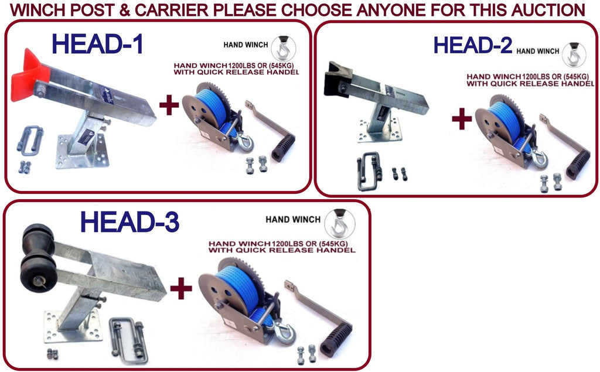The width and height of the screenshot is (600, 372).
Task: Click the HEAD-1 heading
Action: (x=98, y=43)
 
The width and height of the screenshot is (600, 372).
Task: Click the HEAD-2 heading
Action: (x=473, y=45)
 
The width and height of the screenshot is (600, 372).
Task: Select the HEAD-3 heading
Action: (x=129, y=222)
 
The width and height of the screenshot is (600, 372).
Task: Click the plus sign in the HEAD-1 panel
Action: (x=169, y=105)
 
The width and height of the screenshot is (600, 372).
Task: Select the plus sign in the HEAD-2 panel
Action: (x=462, y=118)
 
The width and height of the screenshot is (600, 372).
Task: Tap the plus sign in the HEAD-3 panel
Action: (x=181, y=288)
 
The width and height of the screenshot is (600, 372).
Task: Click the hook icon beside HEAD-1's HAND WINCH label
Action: (x=283, y=48)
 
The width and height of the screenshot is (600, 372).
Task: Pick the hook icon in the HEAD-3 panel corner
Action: (x=339, y=224)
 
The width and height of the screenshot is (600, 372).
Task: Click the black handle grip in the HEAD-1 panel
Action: (x=283, y=148)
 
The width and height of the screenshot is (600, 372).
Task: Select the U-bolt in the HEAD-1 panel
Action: (x=30, y=141)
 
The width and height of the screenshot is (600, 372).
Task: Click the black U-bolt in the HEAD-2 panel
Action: (x=369, y=171)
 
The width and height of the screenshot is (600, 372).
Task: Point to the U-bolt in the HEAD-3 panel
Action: (x=128, y=340)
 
